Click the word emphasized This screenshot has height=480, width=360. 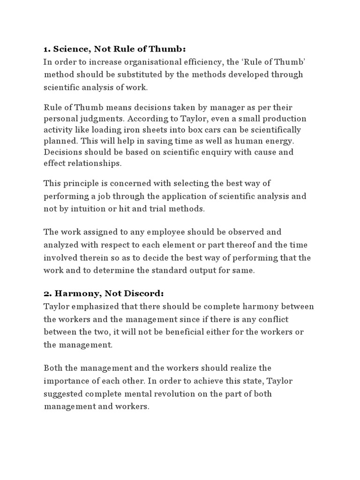click(92, 307)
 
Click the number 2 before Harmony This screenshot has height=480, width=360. click(46, 293)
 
